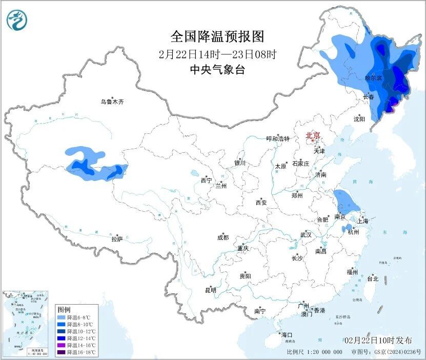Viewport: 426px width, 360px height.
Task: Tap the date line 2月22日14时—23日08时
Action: [217, 54]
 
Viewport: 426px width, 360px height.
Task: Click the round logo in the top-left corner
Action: [17, 20]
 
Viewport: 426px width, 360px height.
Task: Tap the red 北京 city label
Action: [313, 136]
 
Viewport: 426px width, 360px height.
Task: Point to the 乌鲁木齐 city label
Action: [112, 102]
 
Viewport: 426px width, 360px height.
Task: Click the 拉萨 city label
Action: [117, 239]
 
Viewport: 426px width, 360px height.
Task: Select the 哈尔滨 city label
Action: [373, 78]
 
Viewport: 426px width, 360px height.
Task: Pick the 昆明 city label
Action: [211, 290]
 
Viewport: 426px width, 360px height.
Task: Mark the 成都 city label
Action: [223, 237]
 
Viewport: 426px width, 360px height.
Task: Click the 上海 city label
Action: [363, 221]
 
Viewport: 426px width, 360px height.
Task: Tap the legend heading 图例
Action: [64, 310]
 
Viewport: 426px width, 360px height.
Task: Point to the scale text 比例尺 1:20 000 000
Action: [315, 352]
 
